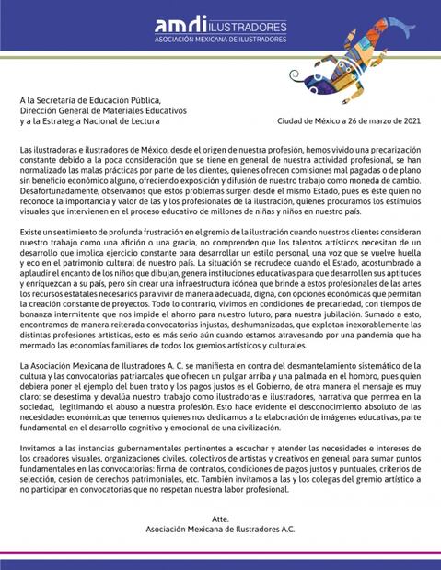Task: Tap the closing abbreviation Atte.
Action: (220, 519)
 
